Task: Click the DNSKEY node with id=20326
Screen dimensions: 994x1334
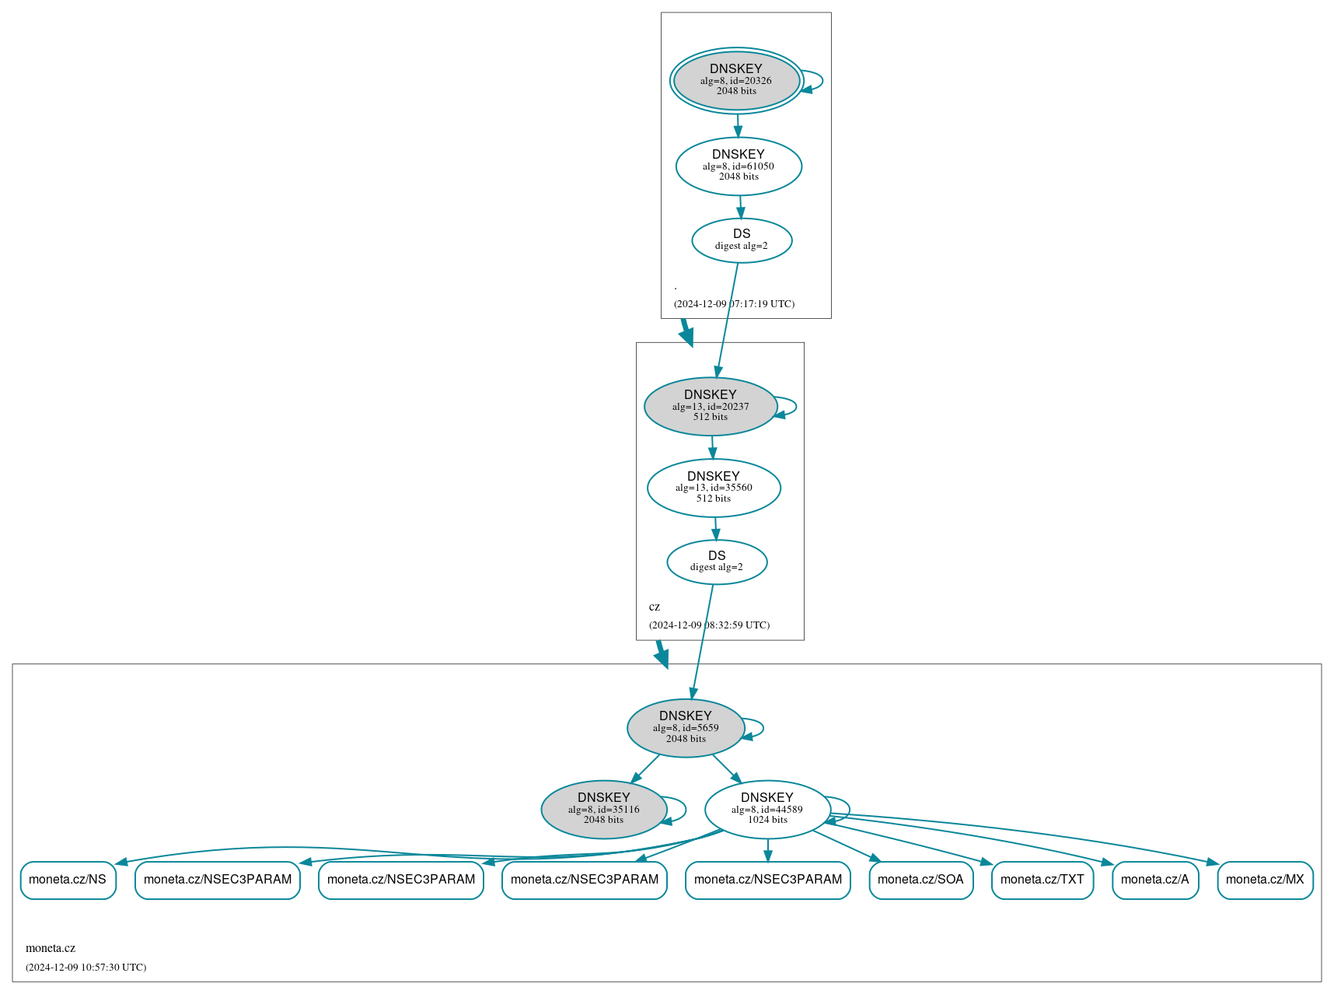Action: coord(736,80)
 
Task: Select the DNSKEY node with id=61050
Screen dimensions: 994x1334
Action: coord(739,166)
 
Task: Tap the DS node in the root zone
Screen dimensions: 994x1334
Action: coord(742,240)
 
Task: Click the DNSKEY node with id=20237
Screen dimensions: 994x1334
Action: coord(711,406)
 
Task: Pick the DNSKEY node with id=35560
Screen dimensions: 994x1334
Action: coord(714,488)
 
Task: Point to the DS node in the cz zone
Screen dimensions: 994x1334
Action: coord(717,562)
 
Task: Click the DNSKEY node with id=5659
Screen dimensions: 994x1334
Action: coord(686,728)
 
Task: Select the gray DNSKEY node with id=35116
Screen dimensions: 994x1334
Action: coord(603,810)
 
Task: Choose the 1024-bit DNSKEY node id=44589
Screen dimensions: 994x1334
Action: coord(767,810)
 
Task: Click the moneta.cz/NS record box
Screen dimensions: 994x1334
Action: coord(68,880)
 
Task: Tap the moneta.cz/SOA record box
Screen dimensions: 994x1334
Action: coord(920,880)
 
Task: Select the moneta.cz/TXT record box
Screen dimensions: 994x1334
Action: coord(1042,880)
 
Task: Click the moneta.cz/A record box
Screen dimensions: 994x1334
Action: coord(1154,880)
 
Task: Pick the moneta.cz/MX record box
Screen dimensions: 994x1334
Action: coord(1265,880)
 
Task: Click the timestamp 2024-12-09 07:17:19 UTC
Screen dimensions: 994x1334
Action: coord(734,304)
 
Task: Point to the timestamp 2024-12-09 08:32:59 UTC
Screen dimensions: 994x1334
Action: coord(709,625)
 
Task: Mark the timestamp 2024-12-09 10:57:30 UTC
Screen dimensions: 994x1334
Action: coord(86,968)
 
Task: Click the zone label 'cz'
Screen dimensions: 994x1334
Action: coord(655,607)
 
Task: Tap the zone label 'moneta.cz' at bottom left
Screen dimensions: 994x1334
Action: coord(51,948)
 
